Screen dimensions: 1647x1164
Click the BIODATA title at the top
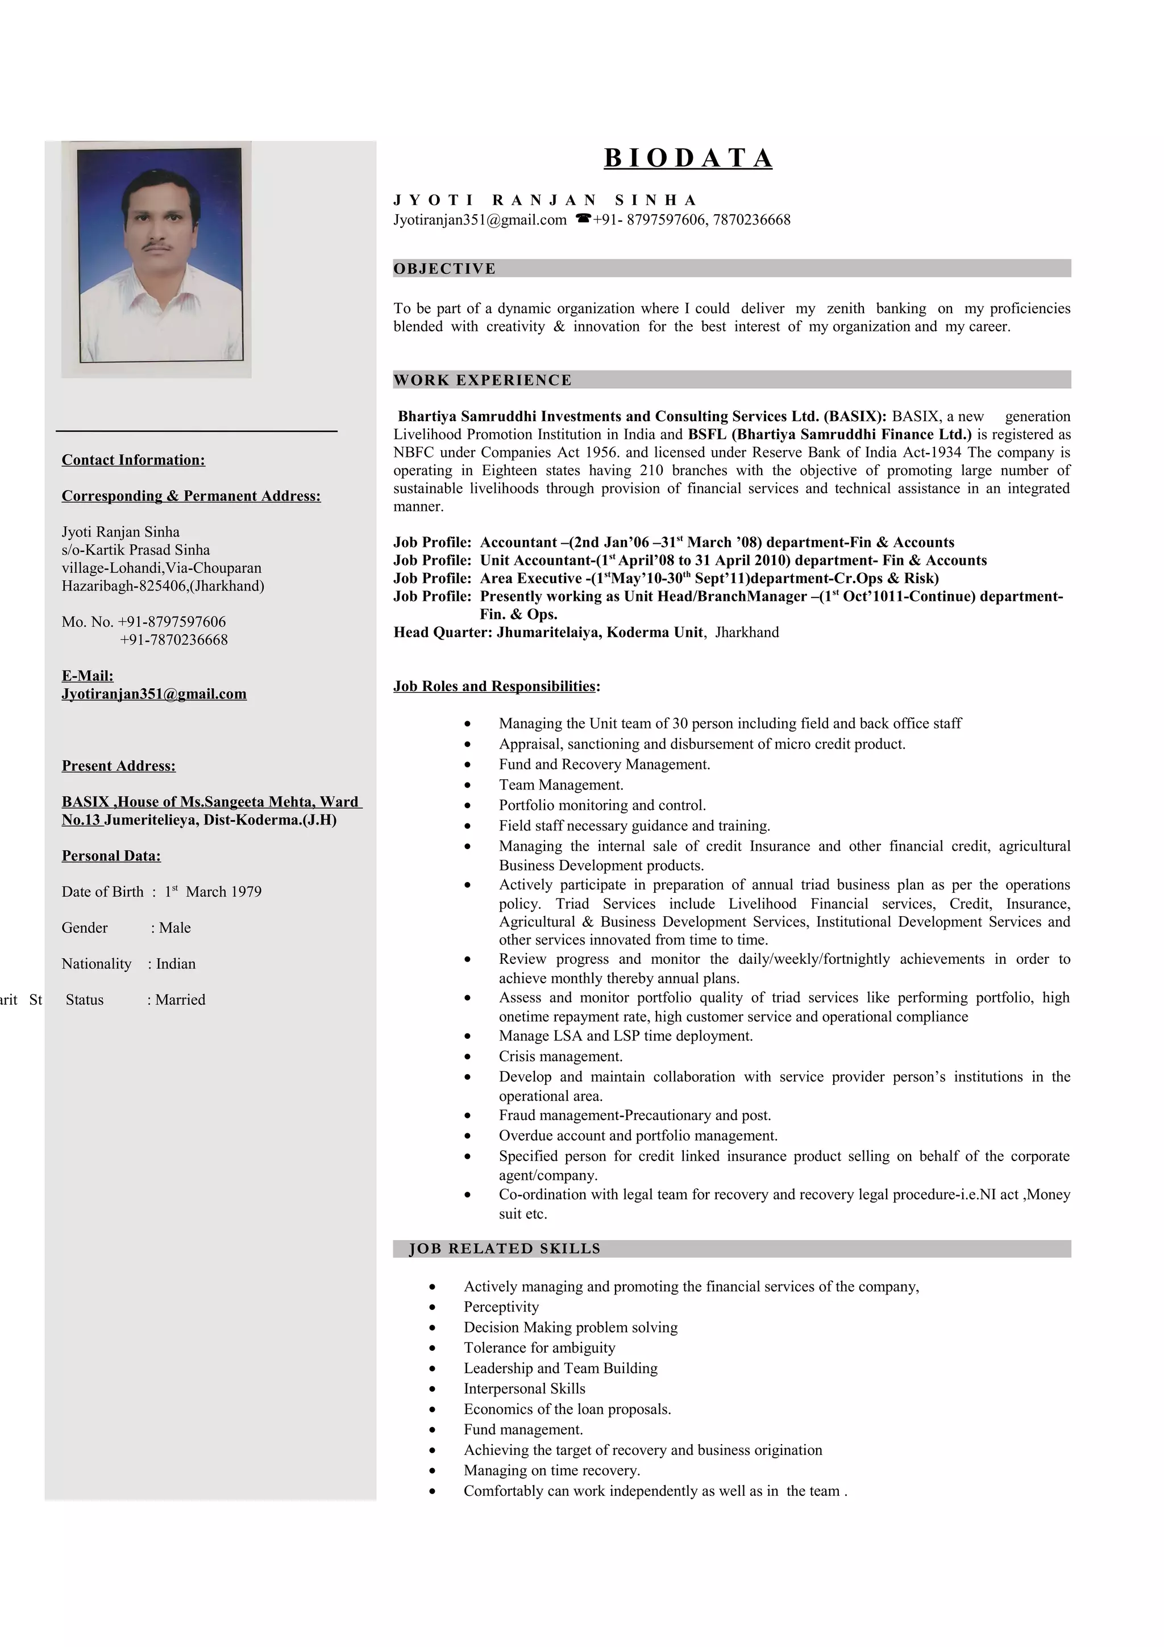point(688,158)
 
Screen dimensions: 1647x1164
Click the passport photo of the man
point(159,255)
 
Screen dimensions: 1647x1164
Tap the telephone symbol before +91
point(583,219)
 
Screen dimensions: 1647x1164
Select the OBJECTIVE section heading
point(444,269)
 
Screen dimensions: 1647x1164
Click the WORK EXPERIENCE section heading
point(482,380)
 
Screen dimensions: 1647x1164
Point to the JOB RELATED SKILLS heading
point(504,1249)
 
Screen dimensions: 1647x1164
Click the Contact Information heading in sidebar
point(134,460)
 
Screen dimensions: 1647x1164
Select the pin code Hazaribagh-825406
point(162,586)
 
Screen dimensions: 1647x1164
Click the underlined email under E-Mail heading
point(153,694)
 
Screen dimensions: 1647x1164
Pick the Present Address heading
point(118,766)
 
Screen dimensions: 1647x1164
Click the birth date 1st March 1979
point(213,892)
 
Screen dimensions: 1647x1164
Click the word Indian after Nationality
point(176,964)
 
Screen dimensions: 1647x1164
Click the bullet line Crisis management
point(560,1057)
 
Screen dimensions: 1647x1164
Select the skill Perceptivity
point(501,1307)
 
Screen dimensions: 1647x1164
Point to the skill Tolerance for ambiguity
point(539,1348)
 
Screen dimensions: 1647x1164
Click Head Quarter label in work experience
point(443,633)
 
